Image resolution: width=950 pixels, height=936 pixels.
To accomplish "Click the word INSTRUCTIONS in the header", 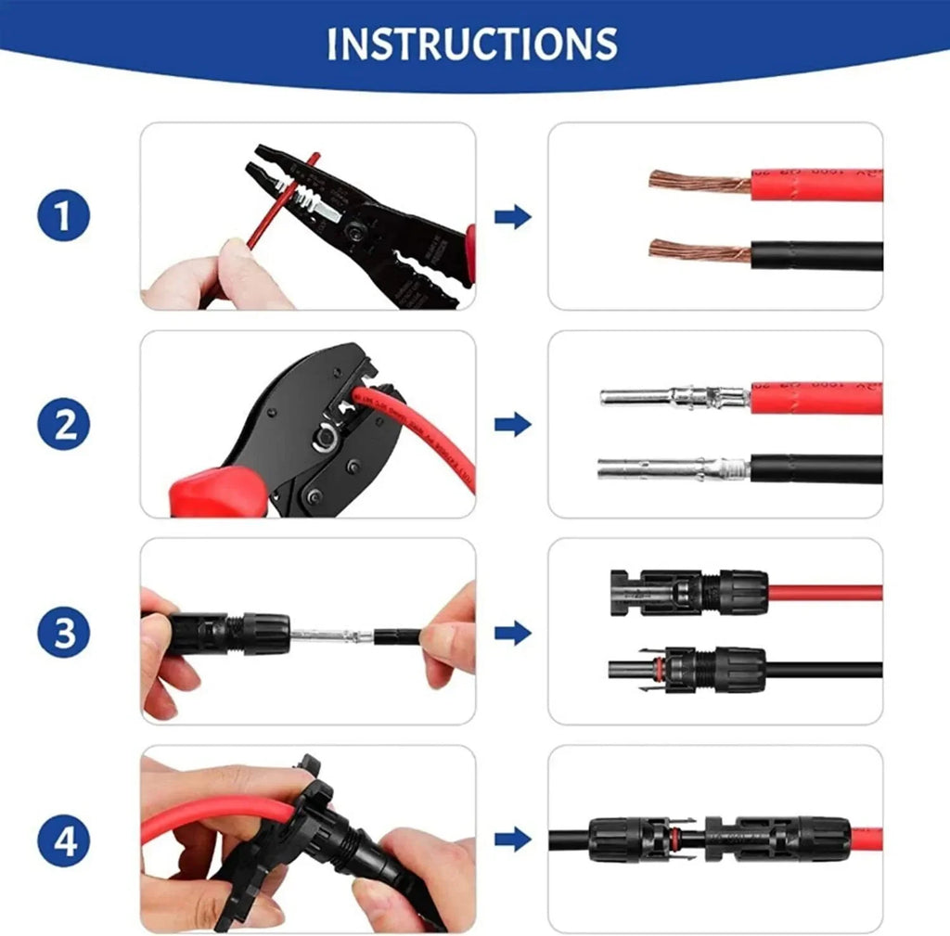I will [x=472, y=44].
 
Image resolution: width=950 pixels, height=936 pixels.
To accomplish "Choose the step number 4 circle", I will [x=64, y=842].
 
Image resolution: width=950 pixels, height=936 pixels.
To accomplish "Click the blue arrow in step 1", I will [x=512, y=217].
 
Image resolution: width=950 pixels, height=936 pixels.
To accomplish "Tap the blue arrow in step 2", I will [x=512, y=425].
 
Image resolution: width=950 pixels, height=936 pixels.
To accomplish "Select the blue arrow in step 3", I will [x=512, y=633].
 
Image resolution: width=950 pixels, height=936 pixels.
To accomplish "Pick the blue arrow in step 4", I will [x=512, y=840].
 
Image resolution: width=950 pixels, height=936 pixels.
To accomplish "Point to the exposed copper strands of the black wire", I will [x=698, y=250].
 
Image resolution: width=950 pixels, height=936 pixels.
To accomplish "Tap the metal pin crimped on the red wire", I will [x=673, y=398].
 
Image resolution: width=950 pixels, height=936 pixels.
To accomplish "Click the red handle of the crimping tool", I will [x=209, y=491].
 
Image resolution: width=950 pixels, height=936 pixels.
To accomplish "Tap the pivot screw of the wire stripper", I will [x=355, y=224].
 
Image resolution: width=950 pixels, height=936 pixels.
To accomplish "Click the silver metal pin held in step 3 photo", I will [x=329, y=636].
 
